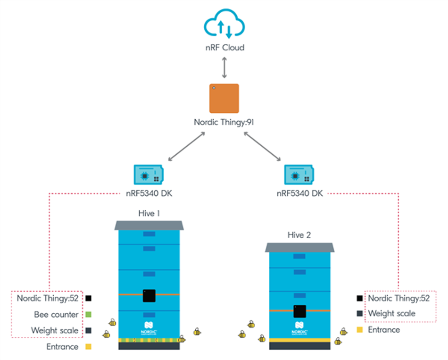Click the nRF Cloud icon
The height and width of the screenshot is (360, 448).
click(224, 25)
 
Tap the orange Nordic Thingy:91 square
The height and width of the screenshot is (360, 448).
click(224, 98)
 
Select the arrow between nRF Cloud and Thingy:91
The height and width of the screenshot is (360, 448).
click(224, 67)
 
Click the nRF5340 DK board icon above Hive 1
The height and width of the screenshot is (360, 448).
click(149, 175)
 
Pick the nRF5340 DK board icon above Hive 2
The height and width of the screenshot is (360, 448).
click(299, 175)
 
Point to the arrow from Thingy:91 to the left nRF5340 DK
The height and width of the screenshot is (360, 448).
click(187, 146)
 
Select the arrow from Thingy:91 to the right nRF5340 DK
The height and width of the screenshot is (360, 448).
click(262, 146)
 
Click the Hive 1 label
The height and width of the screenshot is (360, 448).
click(149, 213)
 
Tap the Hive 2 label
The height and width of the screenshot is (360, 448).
click(299, 235)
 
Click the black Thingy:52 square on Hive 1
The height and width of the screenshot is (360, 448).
click(149, 296)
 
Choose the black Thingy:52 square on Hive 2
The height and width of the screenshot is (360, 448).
click(300, 311)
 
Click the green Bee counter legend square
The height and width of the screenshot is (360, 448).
click(89, 315)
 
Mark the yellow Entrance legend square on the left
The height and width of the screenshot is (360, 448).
click(89, 347)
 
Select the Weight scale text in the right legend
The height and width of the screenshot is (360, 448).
click(392, 313)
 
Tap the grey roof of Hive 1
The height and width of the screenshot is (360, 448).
click(149, 226)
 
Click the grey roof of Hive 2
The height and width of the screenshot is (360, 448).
click(300, 248)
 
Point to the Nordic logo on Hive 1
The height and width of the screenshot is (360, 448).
click(149, 328)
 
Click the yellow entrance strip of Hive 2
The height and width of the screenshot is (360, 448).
click(300, 340)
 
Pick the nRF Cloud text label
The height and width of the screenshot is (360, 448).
click(225, 48)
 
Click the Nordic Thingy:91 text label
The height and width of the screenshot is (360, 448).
click(224, 122)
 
